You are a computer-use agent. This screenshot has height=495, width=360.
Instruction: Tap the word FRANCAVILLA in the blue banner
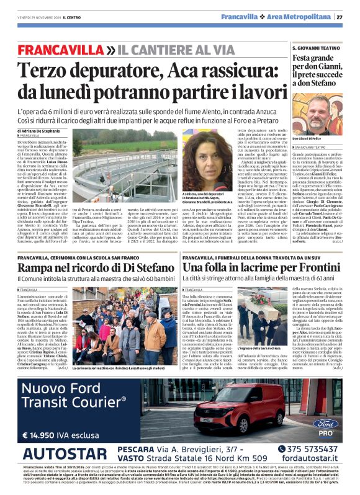coord(52,49)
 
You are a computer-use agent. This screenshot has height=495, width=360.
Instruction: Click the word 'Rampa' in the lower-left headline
coord(37,267)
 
